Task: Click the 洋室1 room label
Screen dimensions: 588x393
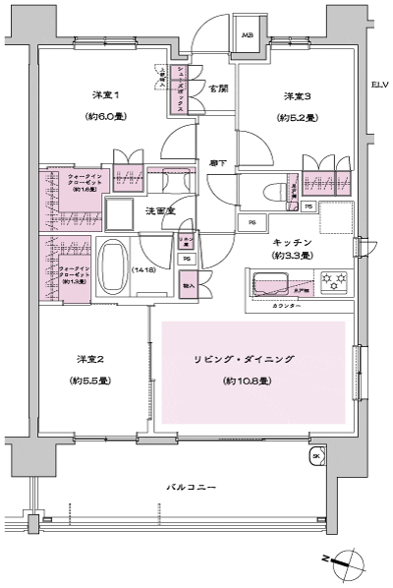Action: coord(105,95)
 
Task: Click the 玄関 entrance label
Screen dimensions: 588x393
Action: coord(218,88)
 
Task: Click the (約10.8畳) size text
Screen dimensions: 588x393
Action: coord(253,380)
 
